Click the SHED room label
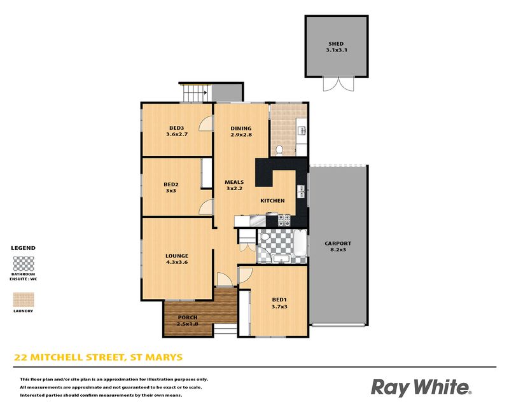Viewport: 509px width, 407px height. click(x=336, y=43)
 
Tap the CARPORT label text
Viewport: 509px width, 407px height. click(x=338, y=244)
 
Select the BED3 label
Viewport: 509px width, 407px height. click(x=177, y=128)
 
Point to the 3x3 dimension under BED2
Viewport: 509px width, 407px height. click(x=171, y=191)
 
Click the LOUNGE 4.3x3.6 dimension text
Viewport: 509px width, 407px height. click(x=177, y=262)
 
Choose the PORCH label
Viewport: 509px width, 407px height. click(x=188, y=317)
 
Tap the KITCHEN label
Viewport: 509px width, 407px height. click(x=272, y=201)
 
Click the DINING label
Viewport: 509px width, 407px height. click(x=241, y=128)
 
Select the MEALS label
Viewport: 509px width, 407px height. click(x=234, y=183)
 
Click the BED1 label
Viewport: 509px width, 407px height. click(x=279, y=300)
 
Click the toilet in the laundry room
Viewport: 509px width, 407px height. click(x=279, y=150)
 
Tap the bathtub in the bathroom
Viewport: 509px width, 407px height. click(x=299, y=243)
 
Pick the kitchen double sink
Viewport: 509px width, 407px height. click(x=301, y=191)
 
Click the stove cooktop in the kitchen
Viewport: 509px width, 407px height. click(x=284, y=220)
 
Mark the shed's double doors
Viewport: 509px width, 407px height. click(x=338, y=84)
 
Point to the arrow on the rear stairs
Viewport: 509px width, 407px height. click(x=206, y=92)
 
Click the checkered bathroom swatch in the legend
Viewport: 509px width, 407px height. click(x=24, y=263)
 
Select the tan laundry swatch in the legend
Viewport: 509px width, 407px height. click(x=24, y=300)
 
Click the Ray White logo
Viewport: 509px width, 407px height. click(x=421, y=387)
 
